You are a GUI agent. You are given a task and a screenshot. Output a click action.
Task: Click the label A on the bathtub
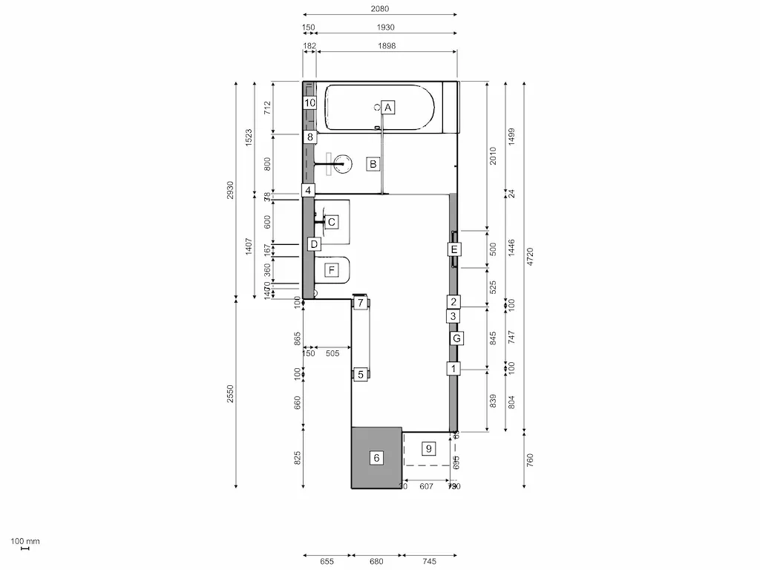(387, 107)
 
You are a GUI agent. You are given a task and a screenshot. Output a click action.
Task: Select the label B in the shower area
(373, 163)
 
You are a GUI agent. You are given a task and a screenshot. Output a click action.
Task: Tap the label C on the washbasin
(332, 221)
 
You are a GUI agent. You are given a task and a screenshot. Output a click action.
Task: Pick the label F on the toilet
(332, 269)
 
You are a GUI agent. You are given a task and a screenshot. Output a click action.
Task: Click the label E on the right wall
(454, 249)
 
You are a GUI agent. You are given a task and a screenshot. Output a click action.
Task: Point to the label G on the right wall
(457, 338)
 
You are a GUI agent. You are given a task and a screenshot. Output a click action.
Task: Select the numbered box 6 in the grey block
(376, 458)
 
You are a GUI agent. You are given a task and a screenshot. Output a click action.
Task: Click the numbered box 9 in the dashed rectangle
(428, 448)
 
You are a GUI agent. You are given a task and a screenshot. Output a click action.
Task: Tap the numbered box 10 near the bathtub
(310, 103)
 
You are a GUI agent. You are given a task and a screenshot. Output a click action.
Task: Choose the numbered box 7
(360, 303)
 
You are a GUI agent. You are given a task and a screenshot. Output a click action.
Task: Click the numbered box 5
(360, 375)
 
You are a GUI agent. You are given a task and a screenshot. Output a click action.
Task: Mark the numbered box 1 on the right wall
(453, 368)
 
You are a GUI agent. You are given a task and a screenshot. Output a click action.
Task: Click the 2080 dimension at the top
(380, 9)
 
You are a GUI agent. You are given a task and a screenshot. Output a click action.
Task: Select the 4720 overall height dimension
(529, 256)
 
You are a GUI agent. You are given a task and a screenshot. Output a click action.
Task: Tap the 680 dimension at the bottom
(376, 562)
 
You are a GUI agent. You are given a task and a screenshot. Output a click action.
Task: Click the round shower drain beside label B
(343, 163)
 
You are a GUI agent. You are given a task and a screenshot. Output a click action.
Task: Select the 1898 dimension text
(387, 46)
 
